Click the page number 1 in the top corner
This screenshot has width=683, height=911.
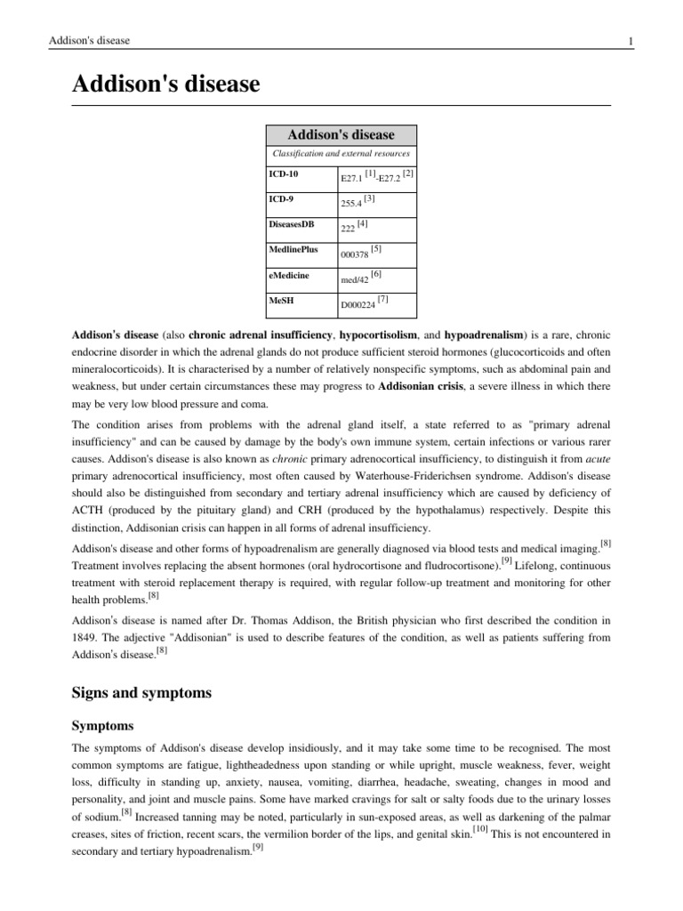pos(607,41)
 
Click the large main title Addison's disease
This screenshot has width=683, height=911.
pos(165,85)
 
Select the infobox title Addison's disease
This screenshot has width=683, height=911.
pos(340,135)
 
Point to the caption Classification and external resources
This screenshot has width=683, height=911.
pos(341,155)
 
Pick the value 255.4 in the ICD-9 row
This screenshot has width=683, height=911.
pos(351,204)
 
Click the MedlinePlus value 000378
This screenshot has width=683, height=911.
pos(355,254)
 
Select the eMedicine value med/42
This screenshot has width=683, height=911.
pos(355,280)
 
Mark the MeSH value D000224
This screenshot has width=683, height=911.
pos(358,305)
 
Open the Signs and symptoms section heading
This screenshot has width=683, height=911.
pos(141,692)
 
